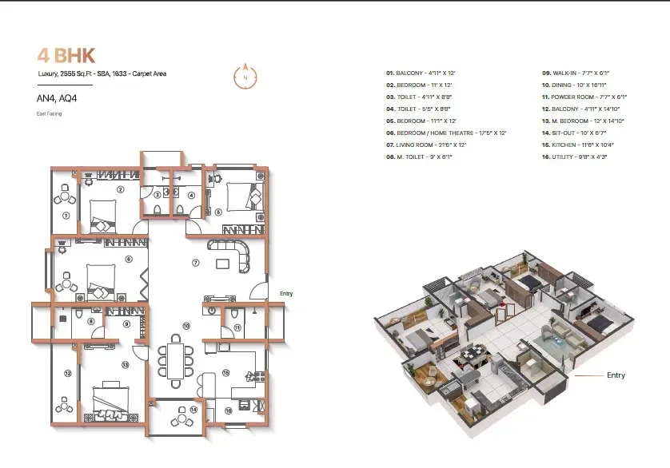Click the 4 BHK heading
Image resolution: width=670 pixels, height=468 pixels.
(66, 55)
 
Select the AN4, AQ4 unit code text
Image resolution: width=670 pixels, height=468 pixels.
(56, 100)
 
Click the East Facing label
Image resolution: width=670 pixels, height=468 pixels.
(49, 114)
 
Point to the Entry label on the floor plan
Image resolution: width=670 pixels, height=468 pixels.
(285, 294)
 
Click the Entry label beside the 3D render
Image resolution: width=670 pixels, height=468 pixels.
(616, 375)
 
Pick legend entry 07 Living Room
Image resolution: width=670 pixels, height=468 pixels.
(425, 145)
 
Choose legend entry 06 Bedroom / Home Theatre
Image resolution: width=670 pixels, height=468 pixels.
(446, 133)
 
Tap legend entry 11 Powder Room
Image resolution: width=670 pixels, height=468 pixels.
(584, 96)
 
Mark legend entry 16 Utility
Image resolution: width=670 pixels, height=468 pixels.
(574, 157)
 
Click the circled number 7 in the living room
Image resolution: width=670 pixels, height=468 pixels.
(194, 262)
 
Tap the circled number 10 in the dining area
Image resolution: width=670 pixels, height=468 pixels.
(185, 326)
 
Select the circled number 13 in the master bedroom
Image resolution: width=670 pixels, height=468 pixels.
(125, 364)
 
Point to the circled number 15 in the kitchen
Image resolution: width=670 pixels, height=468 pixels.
(226, 372)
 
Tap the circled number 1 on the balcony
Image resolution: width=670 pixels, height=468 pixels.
(66, 215)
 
